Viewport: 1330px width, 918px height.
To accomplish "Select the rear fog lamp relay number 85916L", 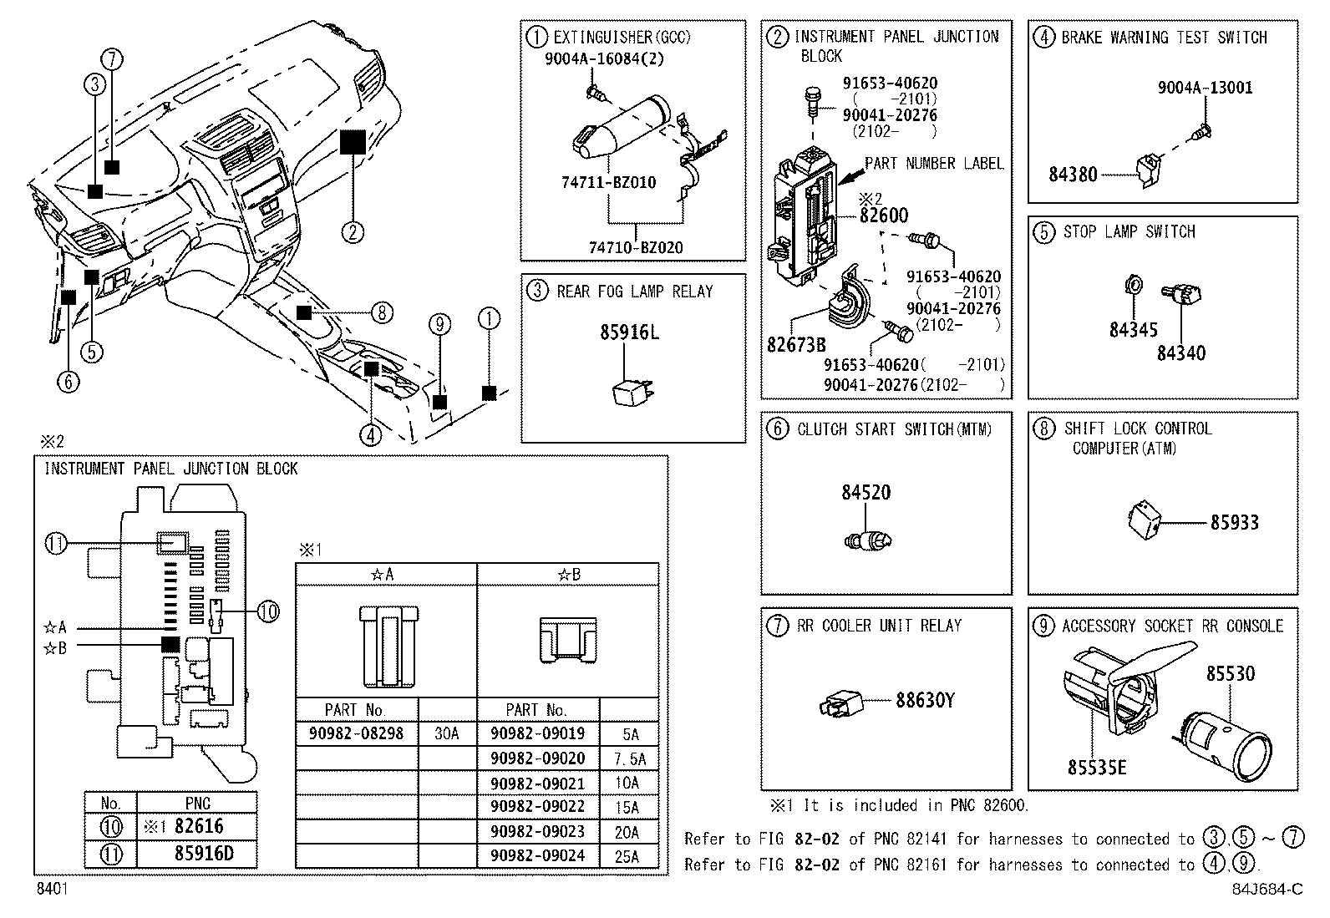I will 629,332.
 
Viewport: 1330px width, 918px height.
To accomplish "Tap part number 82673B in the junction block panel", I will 795,344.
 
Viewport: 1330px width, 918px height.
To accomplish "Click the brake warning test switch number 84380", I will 1073,175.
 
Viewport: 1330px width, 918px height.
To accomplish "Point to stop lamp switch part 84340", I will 1180,353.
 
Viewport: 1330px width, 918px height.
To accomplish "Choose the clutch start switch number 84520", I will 866,492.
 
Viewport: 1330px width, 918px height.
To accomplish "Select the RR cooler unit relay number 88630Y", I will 925,700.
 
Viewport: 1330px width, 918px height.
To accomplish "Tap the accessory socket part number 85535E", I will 1096,766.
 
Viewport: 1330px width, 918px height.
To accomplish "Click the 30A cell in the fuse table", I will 446,733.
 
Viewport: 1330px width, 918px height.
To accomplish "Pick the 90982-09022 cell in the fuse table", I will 537,807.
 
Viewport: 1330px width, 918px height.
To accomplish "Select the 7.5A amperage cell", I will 629,758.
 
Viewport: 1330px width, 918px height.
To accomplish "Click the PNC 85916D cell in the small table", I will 197,855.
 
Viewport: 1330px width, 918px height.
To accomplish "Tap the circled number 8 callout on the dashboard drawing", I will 381,313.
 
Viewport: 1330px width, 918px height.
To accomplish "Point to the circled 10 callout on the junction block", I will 267,611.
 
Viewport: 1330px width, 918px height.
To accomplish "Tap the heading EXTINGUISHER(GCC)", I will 622,38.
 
